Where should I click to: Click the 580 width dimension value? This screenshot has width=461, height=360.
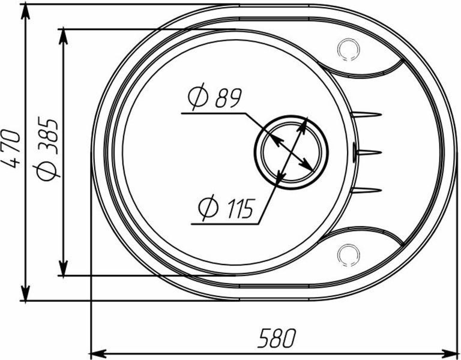point(277,338)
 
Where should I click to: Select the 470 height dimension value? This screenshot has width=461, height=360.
point(12,149)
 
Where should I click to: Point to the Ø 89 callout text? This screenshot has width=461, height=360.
point(215,97)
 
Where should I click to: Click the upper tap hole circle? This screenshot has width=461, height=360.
point(349,49)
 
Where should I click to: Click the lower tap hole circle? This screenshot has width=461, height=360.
point(349,254)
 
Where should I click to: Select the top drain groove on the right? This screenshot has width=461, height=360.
point(366,115)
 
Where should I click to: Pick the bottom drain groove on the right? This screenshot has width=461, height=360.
point(366,190)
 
